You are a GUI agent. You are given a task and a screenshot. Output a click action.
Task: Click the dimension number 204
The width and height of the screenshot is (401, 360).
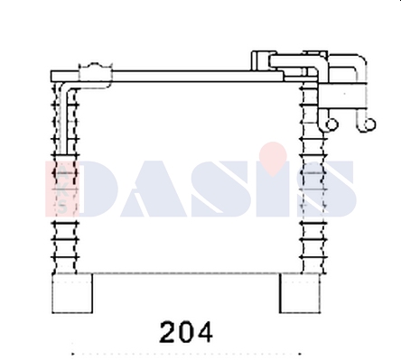click(x=186, y=332)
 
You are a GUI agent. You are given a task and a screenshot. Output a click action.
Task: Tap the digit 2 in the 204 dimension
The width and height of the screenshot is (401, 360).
click(x=167, y=332)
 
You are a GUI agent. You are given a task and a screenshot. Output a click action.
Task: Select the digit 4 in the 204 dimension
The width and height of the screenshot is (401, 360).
click(x=203, y=332)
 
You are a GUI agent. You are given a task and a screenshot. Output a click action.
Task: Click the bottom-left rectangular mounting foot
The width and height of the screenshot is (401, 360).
click(x=72, y=293)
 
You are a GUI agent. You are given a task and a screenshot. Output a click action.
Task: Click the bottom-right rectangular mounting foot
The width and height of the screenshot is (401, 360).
click(x=300, y=293)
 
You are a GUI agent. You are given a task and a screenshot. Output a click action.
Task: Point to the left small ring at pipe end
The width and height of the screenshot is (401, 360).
click(x=331, y=125)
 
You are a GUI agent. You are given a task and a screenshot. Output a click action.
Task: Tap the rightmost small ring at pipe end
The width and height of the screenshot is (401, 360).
click(x=369, y=125)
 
